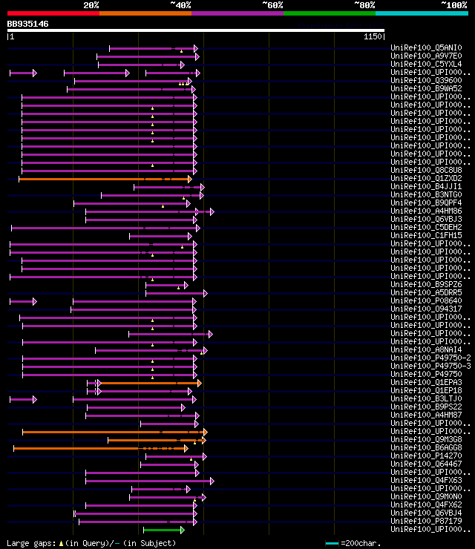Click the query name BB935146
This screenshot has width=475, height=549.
[28, 24]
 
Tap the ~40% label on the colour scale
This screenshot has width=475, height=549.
[180, 5]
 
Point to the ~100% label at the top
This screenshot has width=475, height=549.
[453, 5]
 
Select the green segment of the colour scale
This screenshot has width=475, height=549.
[329, 13]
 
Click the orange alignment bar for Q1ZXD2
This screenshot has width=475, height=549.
[104, 179]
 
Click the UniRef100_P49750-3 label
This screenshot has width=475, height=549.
[430, 366]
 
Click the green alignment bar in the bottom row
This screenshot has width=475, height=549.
[163, 530]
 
